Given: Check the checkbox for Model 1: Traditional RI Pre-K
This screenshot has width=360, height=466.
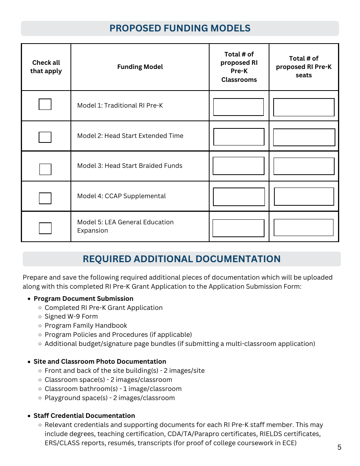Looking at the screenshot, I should pyautogui.click(x=45, y=104).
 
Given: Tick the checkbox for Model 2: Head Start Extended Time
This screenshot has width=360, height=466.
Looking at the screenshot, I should pyautogui.click(x=45, y=137).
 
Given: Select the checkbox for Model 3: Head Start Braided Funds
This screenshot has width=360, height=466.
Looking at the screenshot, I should pyautogui.click(x=45, y=169).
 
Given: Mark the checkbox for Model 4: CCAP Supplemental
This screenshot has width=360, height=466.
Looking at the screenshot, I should pyautogui.click(x=45, y=198).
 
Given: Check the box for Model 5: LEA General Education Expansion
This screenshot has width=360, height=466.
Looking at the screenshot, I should pyautogui.click(x=45, y=228).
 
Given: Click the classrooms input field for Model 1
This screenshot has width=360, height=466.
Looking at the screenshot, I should pyautogui.click(x=238, y=107).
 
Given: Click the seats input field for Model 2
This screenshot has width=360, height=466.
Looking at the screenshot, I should pyautogui.click(x=304, y=137).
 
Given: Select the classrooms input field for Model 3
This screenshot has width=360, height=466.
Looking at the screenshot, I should pyautogui.click(x=238, y=166).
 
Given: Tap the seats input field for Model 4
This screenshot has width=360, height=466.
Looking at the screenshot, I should pyautogui.click(x=304, y=197).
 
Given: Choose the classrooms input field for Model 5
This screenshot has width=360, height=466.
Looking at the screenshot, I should pyautogui.click(x=238, y=228).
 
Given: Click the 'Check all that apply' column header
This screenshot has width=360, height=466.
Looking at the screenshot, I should pyautogui.click(x=46, y=67).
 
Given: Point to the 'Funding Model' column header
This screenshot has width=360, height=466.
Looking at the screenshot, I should pyautogui.click(x=140, y=67).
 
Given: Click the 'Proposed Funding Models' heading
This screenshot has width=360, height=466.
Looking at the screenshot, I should pyautogui.click(x=180, y=28).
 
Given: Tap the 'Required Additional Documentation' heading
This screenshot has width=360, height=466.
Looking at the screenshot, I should pyautogui.click(x=182, y=259).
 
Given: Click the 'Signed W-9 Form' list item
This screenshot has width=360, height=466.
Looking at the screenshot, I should pyautogui.click(x=71, y=317).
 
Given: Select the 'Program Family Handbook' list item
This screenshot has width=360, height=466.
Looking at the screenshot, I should pyautogui.click(x=86, y=326).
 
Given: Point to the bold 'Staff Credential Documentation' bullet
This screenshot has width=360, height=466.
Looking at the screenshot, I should pyautogui.click(x=84, y=416).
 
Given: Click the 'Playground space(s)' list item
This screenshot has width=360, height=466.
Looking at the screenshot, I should pyautogui.click(x=110, y=398).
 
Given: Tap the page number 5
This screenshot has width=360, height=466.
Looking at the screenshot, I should pyautogui.click(x=339, y=447).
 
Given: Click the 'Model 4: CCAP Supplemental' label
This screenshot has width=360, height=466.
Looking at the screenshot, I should pyautogui.click(x=121, y=196).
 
